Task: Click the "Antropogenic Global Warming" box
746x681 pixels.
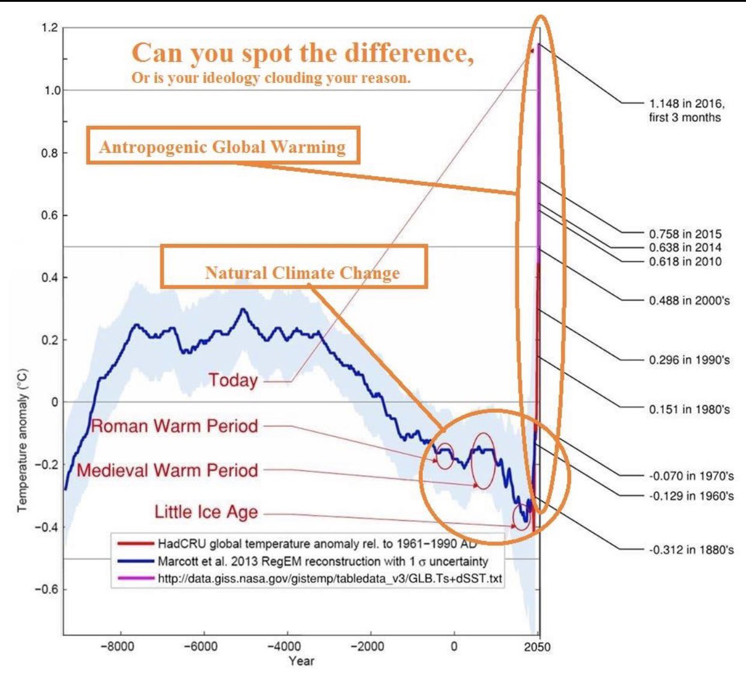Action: [x=223, y=146]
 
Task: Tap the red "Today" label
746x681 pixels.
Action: [x=233, y=380]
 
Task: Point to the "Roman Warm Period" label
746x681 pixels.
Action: [x=174, y=426]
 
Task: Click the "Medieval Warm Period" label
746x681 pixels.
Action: [x=168, y=470]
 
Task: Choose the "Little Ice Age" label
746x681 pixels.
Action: [x=206, y=512]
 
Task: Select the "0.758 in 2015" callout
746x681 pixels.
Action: [x=685, y=234]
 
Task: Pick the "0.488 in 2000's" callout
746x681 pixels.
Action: [x=689, y=300]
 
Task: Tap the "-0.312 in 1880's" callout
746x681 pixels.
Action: [x=691, y=549]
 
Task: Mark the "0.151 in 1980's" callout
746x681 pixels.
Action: [x=689, y=409]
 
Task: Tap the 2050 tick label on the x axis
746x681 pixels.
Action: [x=537, y=647]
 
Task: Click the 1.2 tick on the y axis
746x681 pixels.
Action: [x=50, y=28]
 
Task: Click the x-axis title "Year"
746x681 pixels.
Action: [x=301, y=661]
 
